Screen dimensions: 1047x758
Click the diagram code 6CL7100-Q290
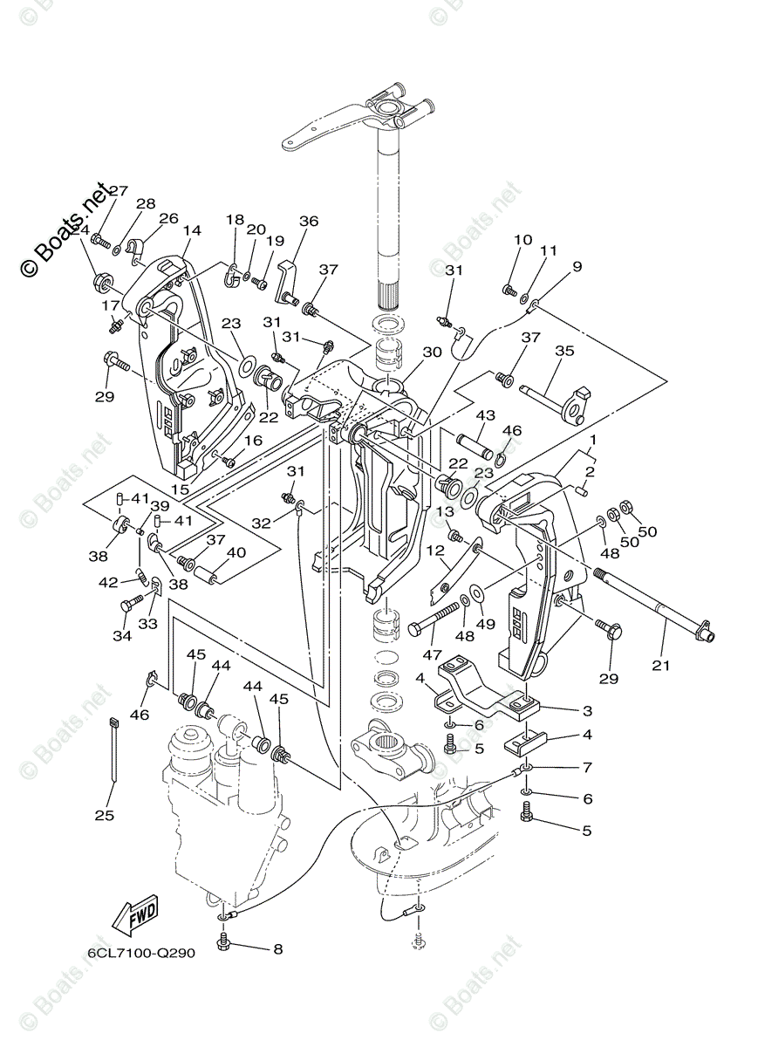(x=140, y=953)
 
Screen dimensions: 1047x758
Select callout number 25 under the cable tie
(x=109, y=815)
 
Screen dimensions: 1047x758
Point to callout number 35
(x=564, y=352)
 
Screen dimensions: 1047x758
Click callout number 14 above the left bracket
(x=192, y=230)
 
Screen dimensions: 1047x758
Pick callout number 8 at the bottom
(x=277, y=948)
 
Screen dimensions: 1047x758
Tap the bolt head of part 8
(x=225, y=941)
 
